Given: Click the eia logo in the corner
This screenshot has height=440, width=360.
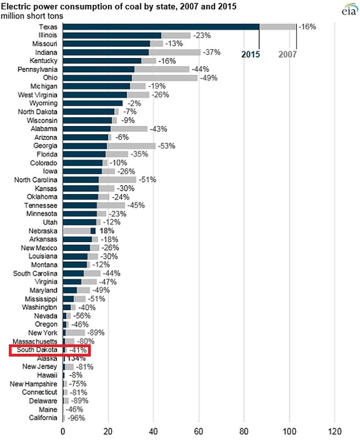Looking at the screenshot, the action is tap(350, 9).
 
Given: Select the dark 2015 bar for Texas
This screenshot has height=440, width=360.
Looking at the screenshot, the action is tap(161, 27).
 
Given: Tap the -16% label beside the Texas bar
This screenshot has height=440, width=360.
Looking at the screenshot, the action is tap(307, 27).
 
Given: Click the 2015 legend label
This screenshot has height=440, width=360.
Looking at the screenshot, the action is tap(251, 54).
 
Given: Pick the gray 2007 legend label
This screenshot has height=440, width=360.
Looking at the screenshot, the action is tap(287, 54).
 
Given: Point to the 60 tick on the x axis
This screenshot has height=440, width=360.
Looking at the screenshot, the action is tap(199, 431).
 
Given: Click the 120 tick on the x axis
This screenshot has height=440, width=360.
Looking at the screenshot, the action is tap(335, 431).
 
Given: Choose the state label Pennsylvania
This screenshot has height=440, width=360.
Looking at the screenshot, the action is tap(38, 69).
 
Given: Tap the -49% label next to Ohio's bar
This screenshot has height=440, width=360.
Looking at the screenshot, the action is tap(208, 78).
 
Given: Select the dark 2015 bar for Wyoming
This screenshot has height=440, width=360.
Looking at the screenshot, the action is tap(93, 103).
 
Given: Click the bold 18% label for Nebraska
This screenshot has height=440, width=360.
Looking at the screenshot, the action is tap(107, 231).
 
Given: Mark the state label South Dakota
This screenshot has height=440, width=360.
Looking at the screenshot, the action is tap(37, 349).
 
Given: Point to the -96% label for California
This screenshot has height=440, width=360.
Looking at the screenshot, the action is tap(76, 418).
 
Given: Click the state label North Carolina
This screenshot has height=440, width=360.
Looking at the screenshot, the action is tap(36, 180).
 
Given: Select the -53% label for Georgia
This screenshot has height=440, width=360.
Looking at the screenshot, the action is tap(167, 146).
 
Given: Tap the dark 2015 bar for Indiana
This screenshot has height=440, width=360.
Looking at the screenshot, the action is tap(106, 52).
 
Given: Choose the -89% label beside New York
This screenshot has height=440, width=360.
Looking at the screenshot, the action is tap(96, 333).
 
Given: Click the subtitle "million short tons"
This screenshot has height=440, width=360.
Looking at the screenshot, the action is tap(32, 16).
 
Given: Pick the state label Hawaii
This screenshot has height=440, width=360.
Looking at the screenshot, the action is tap(47, 375).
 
